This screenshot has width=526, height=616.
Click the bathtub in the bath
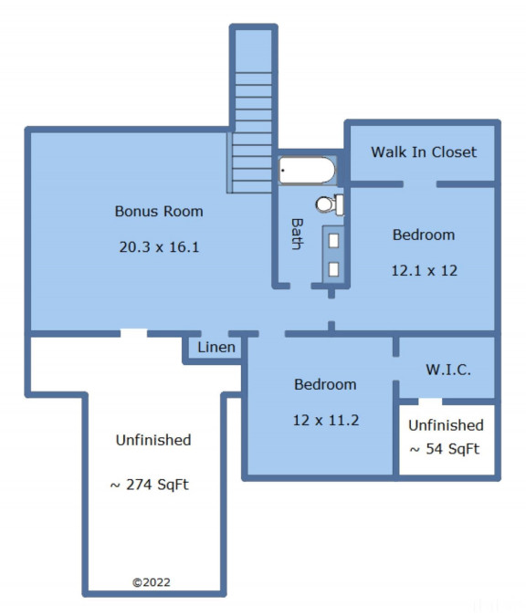tap(307, 171)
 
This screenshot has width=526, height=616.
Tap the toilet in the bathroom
tap(330, 204)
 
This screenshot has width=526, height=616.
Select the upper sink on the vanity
tap(333, 241)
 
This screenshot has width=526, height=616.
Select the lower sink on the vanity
tap(333, 269)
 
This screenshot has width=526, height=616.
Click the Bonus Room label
tap(159, 212)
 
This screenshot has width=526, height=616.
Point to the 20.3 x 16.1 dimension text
tap(159, 247)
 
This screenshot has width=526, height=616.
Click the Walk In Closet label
tap(424, 152)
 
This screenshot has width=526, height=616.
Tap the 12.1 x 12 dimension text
tap(425, 271)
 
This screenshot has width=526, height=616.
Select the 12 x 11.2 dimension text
tap(326, 421)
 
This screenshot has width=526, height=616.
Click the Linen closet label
tap(216, 348)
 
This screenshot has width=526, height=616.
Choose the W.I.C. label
tap(448, 370)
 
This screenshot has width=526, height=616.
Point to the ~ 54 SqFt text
tap(445, 449)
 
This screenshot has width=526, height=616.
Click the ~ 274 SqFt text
tap(150, 485)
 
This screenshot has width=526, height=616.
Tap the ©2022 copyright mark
tap(152, 582)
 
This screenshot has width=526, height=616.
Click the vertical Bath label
tap(298, 235)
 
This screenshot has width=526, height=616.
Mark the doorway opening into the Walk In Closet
tap(420, 184)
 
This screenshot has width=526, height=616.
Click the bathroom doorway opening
tap(300, 286)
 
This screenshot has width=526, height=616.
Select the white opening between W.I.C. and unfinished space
tap(430, 402)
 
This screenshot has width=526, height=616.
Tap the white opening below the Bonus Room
tap(133, 333)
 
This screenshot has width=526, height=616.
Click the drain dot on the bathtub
tap(283, 171)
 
